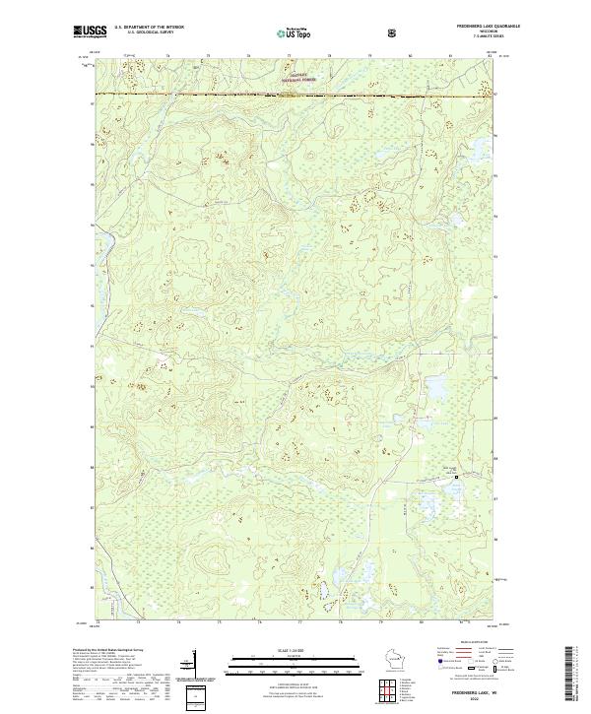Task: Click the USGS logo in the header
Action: click(89, 32)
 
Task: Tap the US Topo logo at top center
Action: click(287, 32)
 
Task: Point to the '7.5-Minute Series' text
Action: click(490, 36)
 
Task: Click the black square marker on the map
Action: click(456, 477)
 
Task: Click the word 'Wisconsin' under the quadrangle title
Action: click(490, 32)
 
